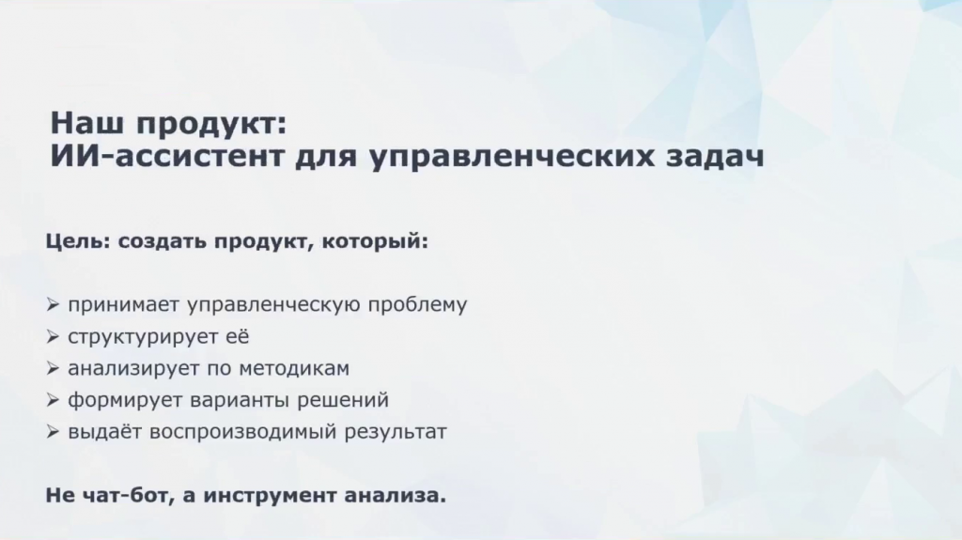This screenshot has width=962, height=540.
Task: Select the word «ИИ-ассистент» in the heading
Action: click(167, 156)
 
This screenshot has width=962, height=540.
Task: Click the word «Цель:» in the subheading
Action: click(77, 241)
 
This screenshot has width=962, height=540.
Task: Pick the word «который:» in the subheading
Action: click(375, 241)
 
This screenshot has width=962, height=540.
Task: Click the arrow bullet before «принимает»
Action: click(53, 304)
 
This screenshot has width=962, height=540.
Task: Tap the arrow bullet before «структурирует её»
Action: click(53, 336)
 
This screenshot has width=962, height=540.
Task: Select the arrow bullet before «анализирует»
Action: click(53, 368)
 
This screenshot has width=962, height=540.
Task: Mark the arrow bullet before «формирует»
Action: click(53, 400)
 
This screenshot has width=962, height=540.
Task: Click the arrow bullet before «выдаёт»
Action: click(53, 432)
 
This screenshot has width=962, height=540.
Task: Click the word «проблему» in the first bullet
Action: click(417, 305)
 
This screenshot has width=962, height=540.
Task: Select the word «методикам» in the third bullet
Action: click(294, 368)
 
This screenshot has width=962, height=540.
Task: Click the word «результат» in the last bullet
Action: click(396, 432)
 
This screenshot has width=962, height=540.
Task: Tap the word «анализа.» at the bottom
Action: click(396, 496)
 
